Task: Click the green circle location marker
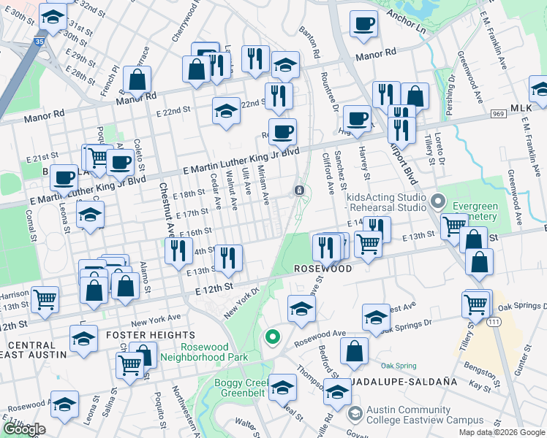pyautogui.click(x=272, y=337)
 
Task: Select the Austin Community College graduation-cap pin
pyautogui.click(x=355, y=414)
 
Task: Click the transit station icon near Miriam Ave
pyautogui.click(x=299, y=191)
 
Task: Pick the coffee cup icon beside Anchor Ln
pyautogui.click(x=363, y=24)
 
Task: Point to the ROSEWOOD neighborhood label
pyautogui.click(x=324, y=269)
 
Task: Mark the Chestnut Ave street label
pyautogui.click(x=164, y=208)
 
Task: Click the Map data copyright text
pyautogui.click(x=502, y=432)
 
